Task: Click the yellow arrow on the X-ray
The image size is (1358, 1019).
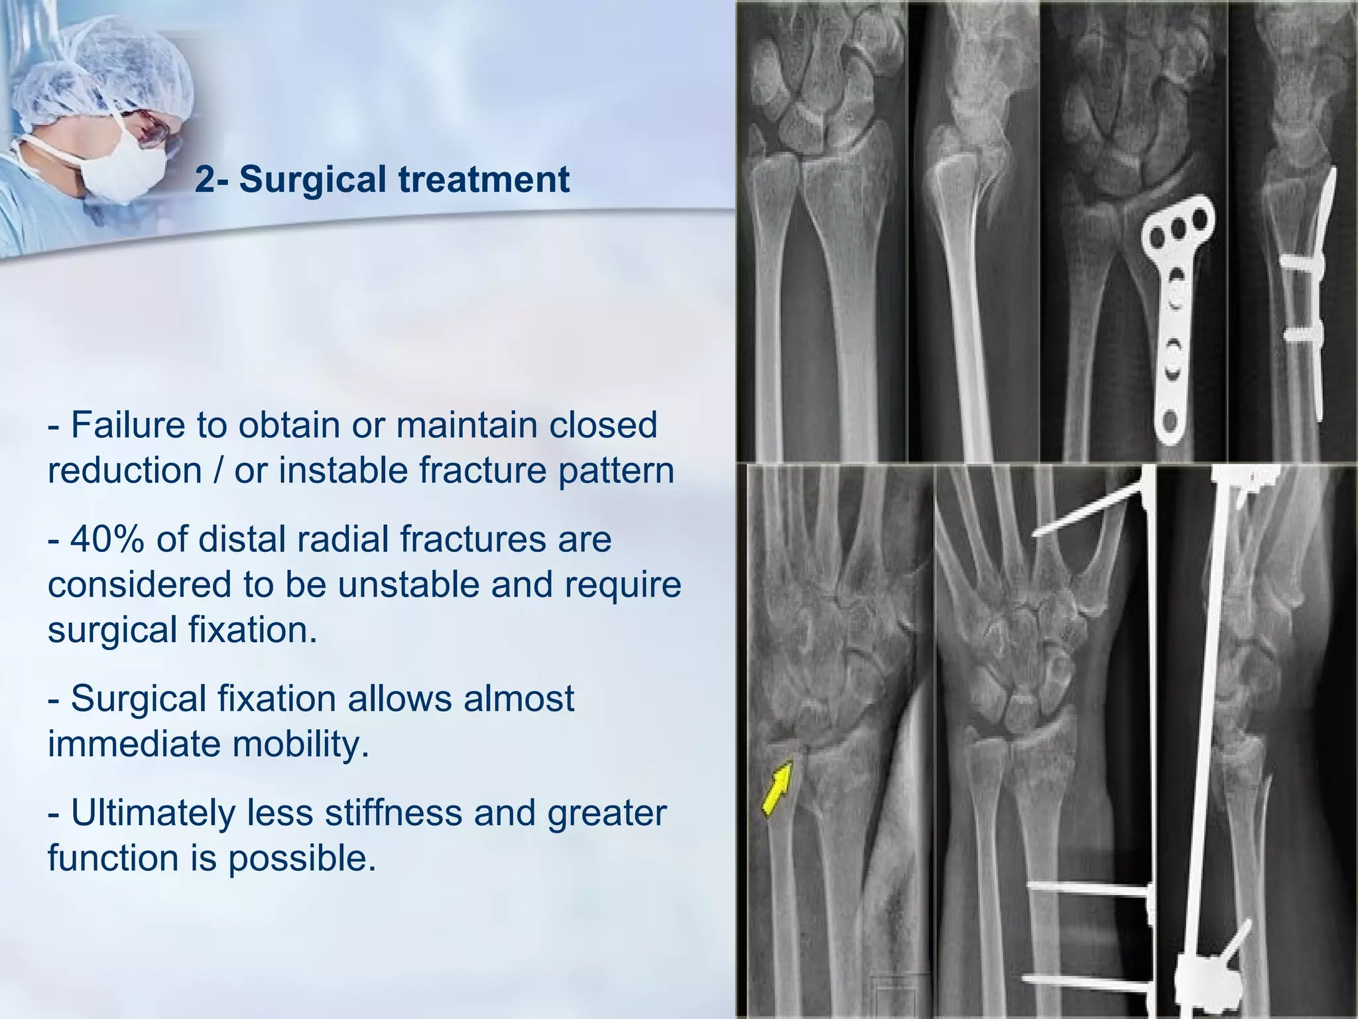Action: (777, 788)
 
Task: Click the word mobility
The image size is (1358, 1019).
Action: (300, 744)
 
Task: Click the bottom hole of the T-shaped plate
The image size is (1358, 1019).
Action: (1170, 421)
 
